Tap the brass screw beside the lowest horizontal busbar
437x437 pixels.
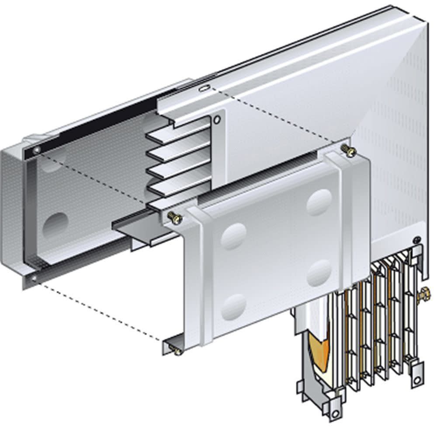tap(174, 215)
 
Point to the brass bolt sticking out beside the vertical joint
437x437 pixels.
tap(423, 297)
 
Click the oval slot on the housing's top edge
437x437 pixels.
tap(204, 88)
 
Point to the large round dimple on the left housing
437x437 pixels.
tap(55, 223)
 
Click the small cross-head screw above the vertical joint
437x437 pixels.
tap(417, 239)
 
